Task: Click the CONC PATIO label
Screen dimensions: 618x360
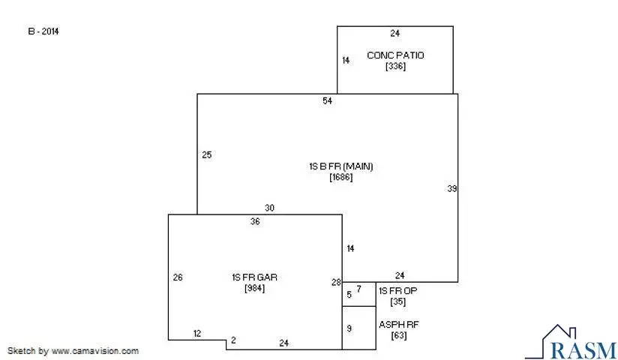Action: [x=394, y=55]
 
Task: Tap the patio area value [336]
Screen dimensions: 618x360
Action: [x=395, y=67]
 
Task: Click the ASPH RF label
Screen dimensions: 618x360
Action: [x=397, y=325]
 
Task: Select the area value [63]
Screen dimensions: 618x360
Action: [x=398, y=336]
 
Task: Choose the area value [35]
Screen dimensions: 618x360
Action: [x=397, y=302]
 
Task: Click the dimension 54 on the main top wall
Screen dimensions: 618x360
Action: [x=327, y=101]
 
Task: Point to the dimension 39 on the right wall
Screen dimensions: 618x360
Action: [x=451, y=189]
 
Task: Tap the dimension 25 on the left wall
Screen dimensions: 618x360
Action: [x=207, y=155]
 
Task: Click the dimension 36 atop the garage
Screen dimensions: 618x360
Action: [x=255, y=221]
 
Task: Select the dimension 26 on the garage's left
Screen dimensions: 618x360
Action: [x=178, y=277]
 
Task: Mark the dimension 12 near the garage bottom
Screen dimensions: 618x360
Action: [x=197, y=333]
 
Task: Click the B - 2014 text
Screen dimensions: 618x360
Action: [x=43, y=31]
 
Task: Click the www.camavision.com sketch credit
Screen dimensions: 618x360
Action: [x=73, y=350]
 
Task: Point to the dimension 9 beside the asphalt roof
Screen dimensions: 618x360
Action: [x=349, y=328]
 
